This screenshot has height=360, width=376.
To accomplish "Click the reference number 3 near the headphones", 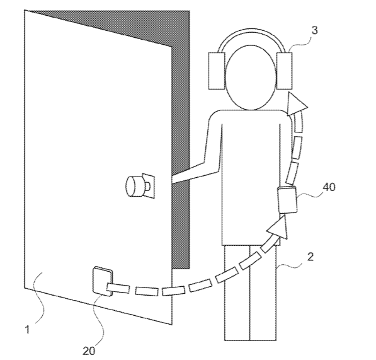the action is pyautogui.click(x=314, y=30).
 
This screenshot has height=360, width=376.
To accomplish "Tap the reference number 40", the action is pyautogui.click(x=329, y=187).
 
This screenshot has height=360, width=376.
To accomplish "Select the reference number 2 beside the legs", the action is pyautogui.click(x=310, y=257).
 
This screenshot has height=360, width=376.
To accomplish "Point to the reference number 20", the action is pyautogui.click(x=89, y=351).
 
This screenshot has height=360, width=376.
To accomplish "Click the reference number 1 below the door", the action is pyautogui.click(x=27, y=330).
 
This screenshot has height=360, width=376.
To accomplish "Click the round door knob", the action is pyautogui.click(x=135, y=186).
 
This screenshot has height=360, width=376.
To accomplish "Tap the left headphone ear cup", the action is pyautogui.click(x=217, y=71).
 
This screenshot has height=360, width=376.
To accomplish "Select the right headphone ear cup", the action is pyautogui.click(x=285, y=71).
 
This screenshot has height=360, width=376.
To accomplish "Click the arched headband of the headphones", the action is pyautogui.click(x=251, y=30).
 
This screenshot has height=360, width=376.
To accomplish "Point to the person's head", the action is pyautogui.click(x=251, y=78).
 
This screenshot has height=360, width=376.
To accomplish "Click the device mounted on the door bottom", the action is pyautogui.click(x=103, y=281).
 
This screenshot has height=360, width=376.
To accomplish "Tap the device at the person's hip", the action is pyautogui.click(x=287, y=200).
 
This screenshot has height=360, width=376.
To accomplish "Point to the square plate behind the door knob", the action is pyautogui.click(x=149, y=186).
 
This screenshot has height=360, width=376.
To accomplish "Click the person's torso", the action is pyautogui.click(x=251, y=178).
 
